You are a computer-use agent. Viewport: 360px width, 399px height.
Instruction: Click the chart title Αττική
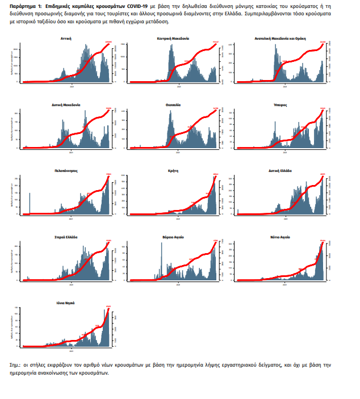click(66, 39)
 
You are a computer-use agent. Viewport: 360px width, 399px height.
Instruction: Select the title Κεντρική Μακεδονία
click(173, 39)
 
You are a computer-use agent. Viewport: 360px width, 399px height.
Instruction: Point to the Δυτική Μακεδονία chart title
click(66, 105)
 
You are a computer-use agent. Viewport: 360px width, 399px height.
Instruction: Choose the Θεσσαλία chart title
click(173, 105)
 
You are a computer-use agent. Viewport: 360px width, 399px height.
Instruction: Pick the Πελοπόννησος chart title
click(66, 170)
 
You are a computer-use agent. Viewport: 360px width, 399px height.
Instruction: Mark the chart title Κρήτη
click(173, 170)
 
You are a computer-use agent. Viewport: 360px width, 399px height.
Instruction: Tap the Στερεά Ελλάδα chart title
click(66, 237)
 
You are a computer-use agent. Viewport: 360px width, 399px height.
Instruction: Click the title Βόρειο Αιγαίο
click(173, 237)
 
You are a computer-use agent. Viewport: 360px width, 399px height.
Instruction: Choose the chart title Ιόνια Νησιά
click(66, 303)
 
